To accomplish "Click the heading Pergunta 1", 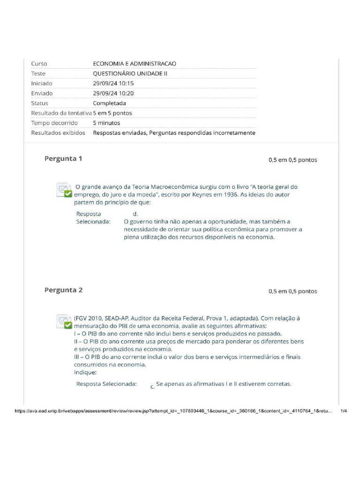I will pos(63,158).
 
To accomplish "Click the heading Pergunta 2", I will pos(63,290).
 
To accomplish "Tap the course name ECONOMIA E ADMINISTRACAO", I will pos(135,64).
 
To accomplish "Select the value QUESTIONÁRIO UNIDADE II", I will pos(130,74).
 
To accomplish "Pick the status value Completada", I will pos(109,103).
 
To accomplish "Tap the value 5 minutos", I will pos(106,123).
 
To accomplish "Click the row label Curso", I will pos(39,64).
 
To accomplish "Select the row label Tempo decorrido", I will pos(54,123).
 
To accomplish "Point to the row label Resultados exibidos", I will pos(58,133).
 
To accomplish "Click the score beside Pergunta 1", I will pos(292,160).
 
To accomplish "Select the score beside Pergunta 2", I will pos(292,291).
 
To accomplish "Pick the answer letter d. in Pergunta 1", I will pos(135,214).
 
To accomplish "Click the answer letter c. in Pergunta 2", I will pos(152,387).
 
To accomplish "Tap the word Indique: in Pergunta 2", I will pos(85,372).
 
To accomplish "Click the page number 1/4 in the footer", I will pos(344,411).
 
